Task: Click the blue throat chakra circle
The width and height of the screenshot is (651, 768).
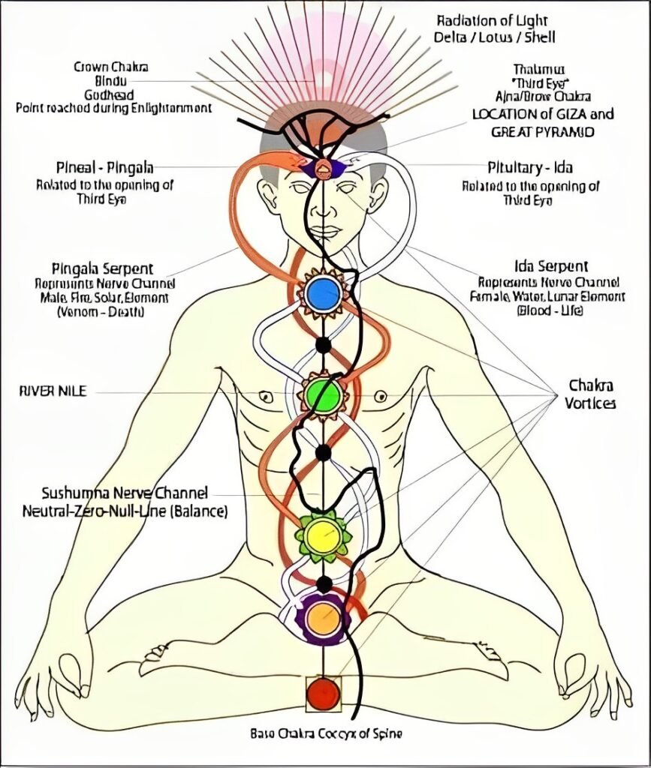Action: (324, 294)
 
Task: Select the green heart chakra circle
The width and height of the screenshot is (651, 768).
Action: (324, 395)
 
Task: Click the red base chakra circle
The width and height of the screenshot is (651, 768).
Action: (324, 692)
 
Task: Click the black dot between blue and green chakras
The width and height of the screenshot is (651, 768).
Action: (323, 345)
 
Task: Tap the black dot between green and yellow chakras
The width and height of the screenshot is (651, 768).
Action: (323, 452)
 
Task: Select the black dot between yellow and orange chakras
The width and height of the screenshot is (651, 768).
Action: (324, 583)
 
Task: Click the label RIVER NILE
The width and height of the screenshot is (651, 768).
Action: (52, 391)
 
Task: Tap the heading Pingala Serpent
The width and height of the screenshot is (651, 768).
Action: (104, 268)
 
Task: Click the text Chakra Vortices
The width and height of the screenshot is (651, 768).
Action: (590, 394)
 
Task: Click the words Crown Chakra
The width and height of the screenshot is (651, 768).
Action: (110, 67)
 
